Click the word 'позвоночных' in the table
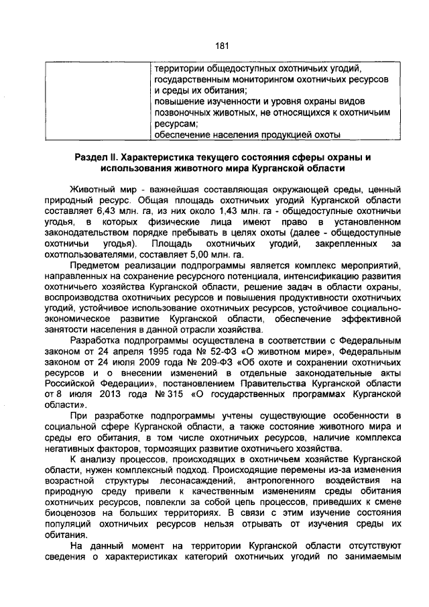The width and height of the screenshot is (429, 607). click(184, 112)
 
